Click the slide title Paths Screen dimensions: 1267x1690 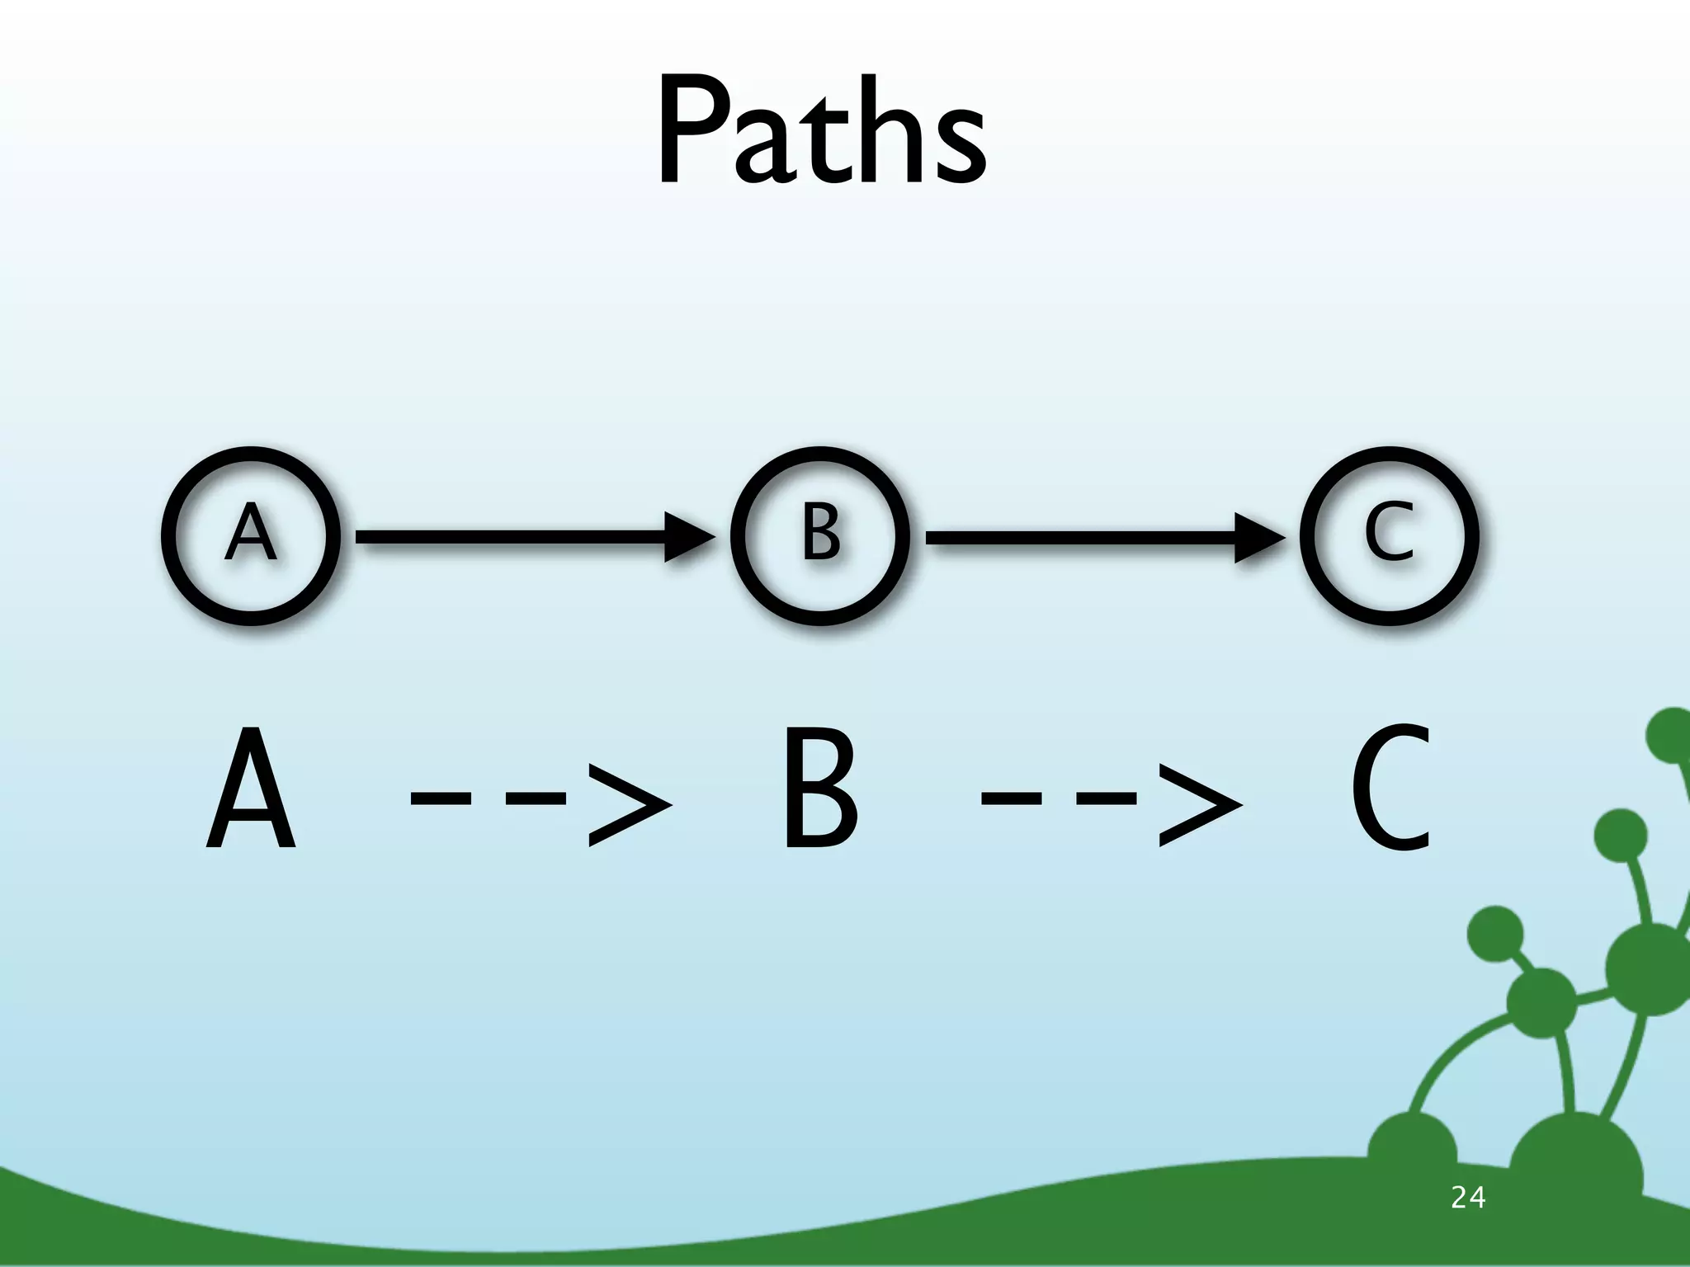pos(821,132)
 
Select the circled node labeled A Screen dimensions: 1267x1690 pos(251,536)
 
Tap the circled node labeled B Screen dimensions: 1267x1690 pos(821,536)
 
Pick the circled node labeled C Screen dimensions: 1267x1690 pos(1389,536)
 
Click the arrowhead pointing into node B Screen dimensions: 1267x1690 pos(687,537)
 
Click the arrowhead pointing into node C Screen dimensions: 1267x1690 pos(1257,537)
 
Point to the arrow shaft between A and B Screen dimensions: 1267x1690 pos(512,537)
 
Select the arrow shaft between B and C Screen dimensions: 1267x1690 pos(1081,537)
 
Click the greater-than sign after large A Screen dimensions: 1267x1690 pos(629,804)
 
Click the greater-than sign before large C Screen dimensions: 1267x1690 pos(1199,804)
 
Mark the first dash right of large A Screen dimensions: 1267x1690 pos(441,798)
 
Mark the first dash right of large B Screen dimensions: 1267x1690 pos(1011,798)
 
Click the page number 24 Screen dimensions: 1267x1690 pos(1467,1197)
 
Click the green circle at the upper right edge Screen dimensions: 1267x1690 pos(1671,735)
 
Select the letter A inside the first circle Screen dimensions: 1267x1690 pos(251,534)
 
